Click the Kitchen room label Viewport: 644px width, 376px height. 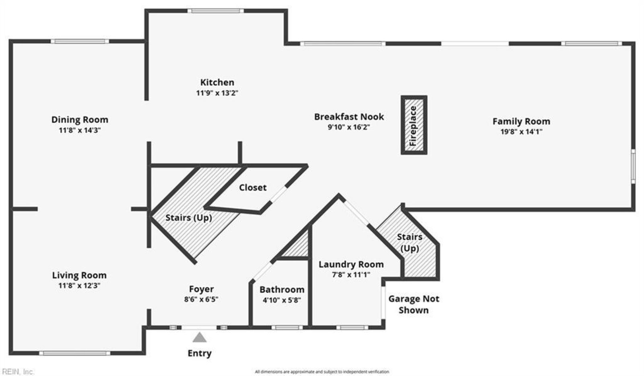click(217, 82)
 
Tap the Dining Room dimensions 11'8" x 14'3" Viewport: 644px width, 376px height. click(80, 130)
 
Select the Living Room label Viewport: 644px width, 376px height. click(79, 275)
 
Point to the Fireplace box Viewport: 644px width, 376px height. click(413, 125)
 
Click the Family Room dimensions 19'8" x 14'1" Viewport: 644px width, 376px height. click(521, 131)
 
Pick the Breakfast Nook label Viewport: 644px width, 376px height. click(349, 117)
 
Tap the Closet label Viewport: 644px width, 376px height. click(253, 187)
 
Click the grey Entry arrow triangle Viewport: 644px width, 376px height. click(199, 337)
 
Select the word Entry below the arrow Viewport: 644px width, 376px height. click(199, 353)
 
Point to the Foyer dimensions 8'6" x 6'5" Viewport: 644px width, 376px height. click(201, 299)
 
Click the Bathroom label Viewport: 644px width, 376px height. click(282, 289)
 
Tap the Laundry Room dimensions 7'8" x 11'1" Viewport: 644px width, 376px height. click(351, 275)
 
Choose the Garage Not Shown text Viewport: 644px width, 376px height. click(413, 304)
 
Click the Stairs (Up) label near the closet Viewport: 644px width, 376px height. click(189, 218)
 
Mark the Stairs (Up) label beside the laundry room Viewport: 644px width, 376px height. click(410, 242)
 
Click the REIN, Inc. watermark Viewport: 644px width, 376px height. click(18, 372)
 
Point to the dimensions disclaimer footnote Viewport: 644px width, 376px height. click(322, 372)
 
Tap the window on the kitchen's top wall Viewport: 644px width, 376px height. click(216, 11)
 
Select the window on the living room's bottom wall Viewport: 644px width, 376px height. click(74, 353)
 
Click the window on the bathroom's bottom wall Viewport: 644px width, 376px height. click(287, 328)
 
